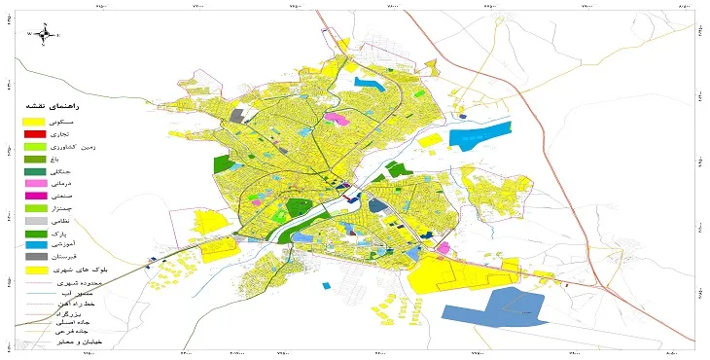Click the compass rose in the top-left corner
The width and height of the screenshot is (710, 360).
point(44,33)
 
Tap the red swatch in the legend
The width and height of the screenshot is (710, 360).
point(34,132)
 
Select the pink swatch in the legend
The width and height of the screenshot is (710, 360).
point(34,183)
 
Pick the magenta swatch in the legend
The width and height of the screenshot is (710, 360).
point(34,196)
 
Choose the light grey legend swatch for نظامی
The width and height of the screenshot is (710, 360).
point(34,221)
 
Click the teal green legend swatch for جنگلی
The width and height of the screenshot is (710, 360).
point(34,170)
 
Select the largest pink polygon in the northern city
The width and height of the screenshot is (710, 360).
point(337,118)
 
